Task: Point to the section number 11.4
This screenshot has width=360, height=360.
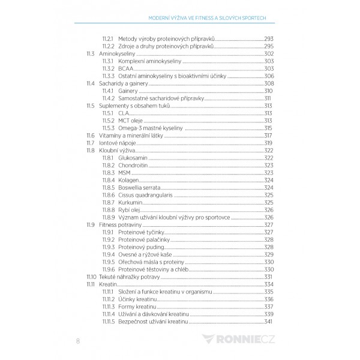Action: (x=90, y=83)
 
